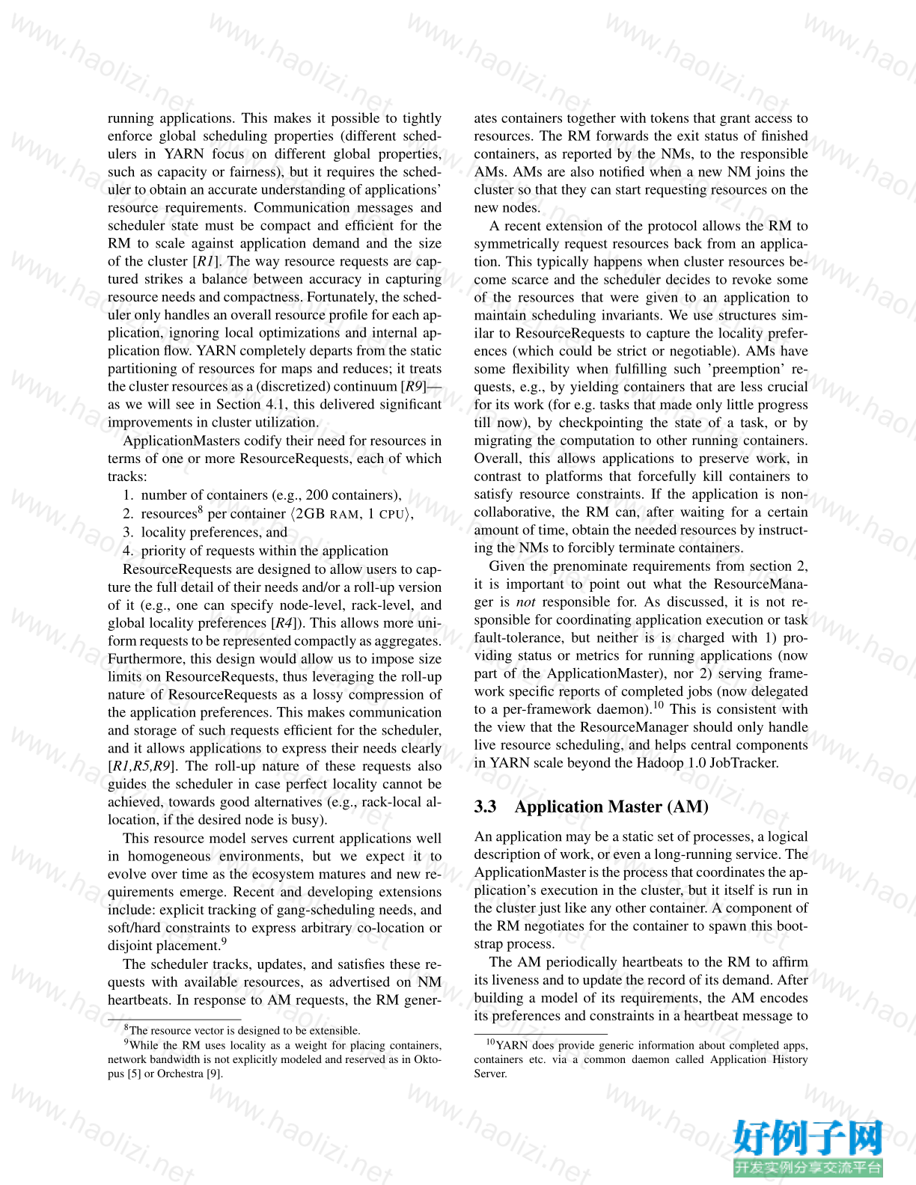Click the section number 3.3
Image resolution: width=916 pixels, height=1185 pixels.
[x=485, y=806]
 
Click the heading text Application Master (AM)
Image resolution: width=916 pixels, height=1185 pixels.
[x=611, y=806]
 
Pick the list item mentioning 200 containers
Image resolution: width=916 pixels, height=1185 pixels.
[x=271, y=495]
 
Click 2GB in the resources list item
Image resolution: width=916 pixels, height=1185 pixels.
[x=311, y=514]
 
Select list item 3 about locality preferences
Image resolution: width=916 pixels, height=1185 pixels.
[x=214, y=532]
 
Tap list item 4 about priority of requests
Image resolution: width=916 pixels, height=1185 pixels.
[x=264, y=551]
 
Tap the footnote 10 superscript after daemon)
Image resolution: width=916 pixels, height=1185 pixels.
[x=659, y=705]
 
